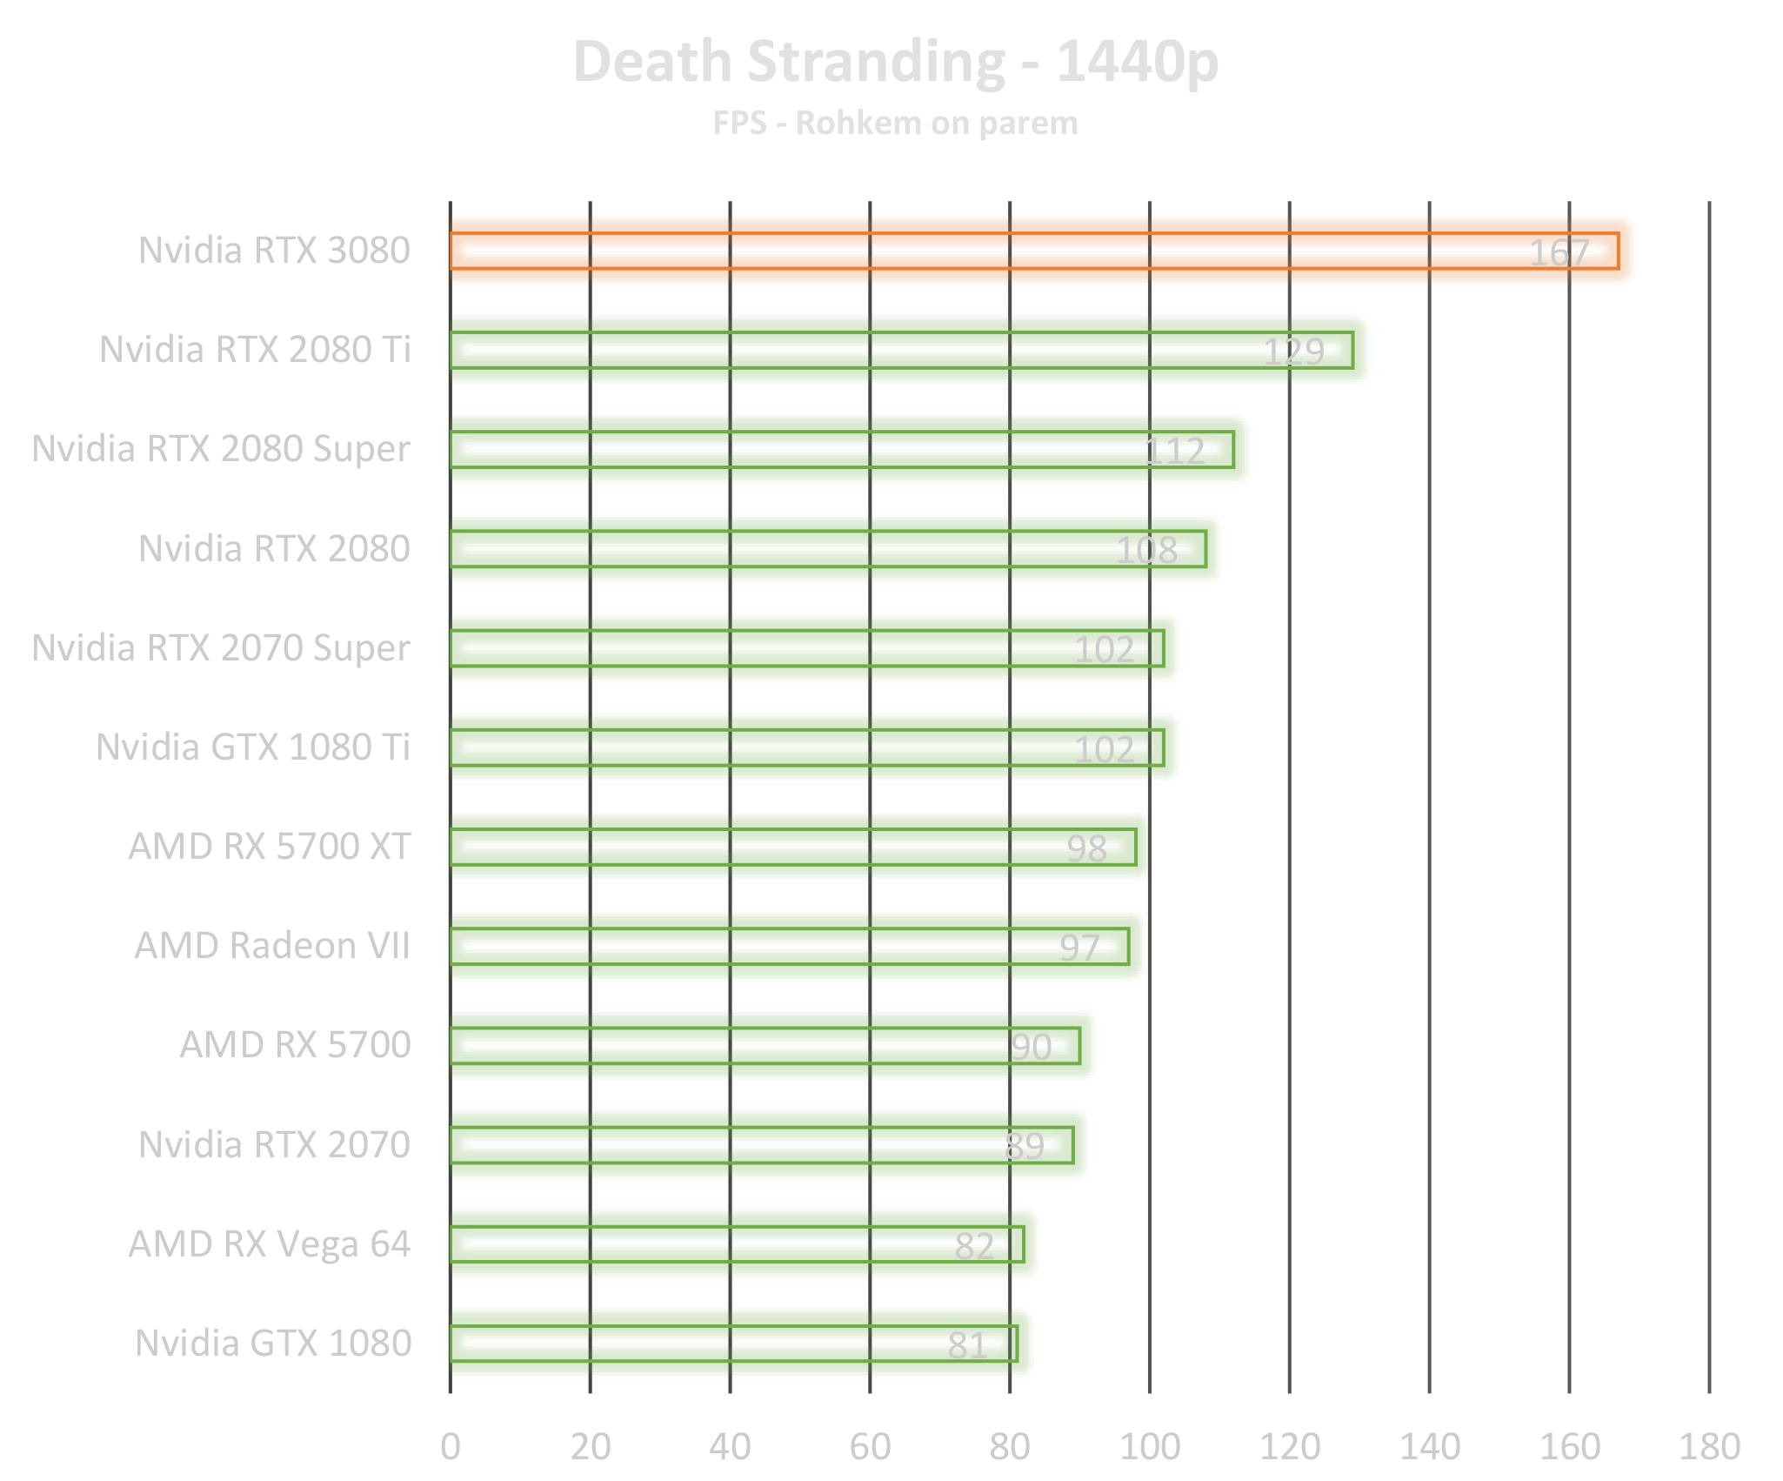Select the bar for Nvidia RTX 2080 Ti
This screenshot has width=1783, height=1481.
(x=910, y=350)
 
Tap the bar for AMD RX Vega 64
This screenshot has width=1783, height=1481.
(x=745, y=1243)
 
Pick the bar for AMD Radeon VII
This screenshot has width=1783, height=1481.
(x=798, y=946)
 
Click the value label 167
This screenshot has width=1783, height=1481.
(x=1559, y=253)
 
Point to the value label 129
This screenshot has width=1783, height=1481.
(x=1293, y=352)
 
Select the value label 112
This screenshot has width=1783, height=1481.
(x=1174, y=452)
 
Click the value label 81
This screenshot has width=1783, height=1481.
(x=967, y=1346)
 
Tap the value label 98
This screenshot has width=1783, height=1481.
(x=1086, y=849)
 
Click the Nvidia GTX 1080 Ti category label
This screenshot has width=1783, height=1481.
(x=253, y=747)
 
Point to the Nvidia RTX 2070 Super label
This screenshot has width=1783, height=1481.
(x=222, y=648)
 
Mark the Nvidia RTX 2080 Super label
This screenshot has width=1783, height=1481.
(x=222, y=449)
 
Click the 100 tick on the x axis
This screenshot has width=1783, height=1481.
(x=1150, y=1446)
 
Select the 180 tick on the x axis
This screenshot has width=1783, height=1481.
(x=1708, y=1446)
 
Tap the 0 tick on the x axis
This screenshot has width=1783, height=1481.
(x=451, y=1446)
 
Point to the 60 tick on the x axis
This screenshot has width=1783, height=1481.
(x=870, y=1446)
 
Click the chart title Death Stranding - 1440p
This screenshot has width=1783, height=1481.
(x=896, y=63)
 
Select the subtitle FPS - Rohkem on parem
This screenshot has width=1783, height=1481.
(x=896, y=124)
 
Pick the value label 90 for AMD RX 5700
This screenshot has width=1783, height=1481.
(x=1031, y=1048)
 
